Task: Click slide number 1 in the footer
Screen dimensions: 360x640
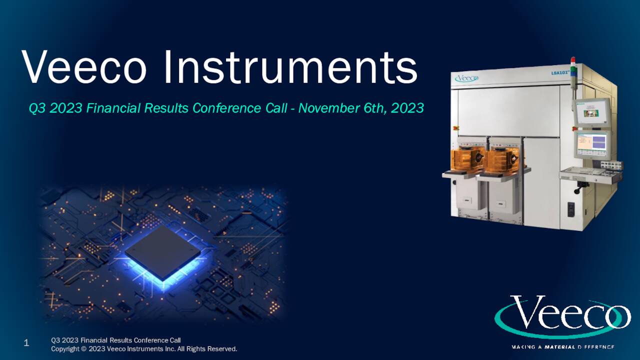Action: [x=26, y=343]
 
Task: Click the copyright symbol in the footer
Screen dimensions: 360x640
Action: [x=84, y=348]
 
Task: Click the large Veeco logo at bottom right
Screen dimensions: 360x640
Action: [x=562, y=316]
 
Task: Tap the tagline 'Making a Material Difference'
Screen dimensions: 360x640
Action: [x=562, y=346]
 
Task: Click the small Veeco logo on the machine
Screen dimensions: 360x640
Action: [x=466, y=78]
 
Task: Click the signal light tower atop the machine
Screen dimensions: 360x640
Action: [x=573, y=67]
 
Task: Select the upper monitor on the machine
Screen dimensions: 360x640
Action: [x=591, y=113]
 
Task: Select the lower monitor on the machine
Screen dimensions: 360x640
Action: [x=592, y=143]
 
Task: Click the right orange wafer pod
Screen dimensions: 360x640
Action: [x=503, y=158]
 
